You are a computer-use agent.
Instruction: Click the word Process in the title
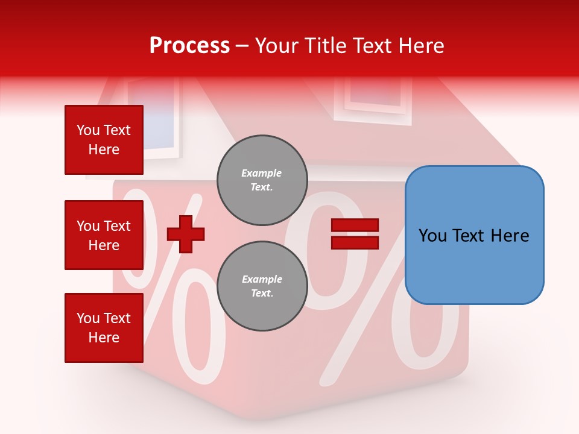(189, 46)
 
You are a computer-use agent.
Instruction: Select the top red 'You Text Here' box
(104, 140)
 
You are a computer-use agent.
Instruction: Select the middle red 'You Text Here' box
(104, 235)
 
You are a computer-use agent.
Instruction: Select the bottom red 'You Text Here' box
(104, 328)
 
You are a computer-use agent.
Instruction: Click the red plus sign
(186, 234)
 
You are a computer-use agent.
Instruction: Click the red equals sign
(355, 234)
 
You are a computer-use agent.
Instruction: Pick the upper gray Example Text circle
(262, 180)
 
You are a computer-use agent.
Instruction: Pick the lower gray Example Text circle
(262, 286)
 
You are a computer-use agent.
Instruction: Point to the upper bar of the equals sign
(355, 225)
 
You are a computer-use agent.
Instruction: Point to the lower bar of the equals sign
(355, 242)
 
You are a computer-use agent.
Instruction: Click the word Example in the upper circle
(262, 174)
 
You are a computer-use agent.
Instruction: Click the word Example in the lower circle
(262, 280)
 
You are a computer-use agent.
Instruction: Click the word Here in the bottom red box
(104, 338)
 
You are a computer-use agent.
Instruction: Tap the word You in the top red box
(88, 130)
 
